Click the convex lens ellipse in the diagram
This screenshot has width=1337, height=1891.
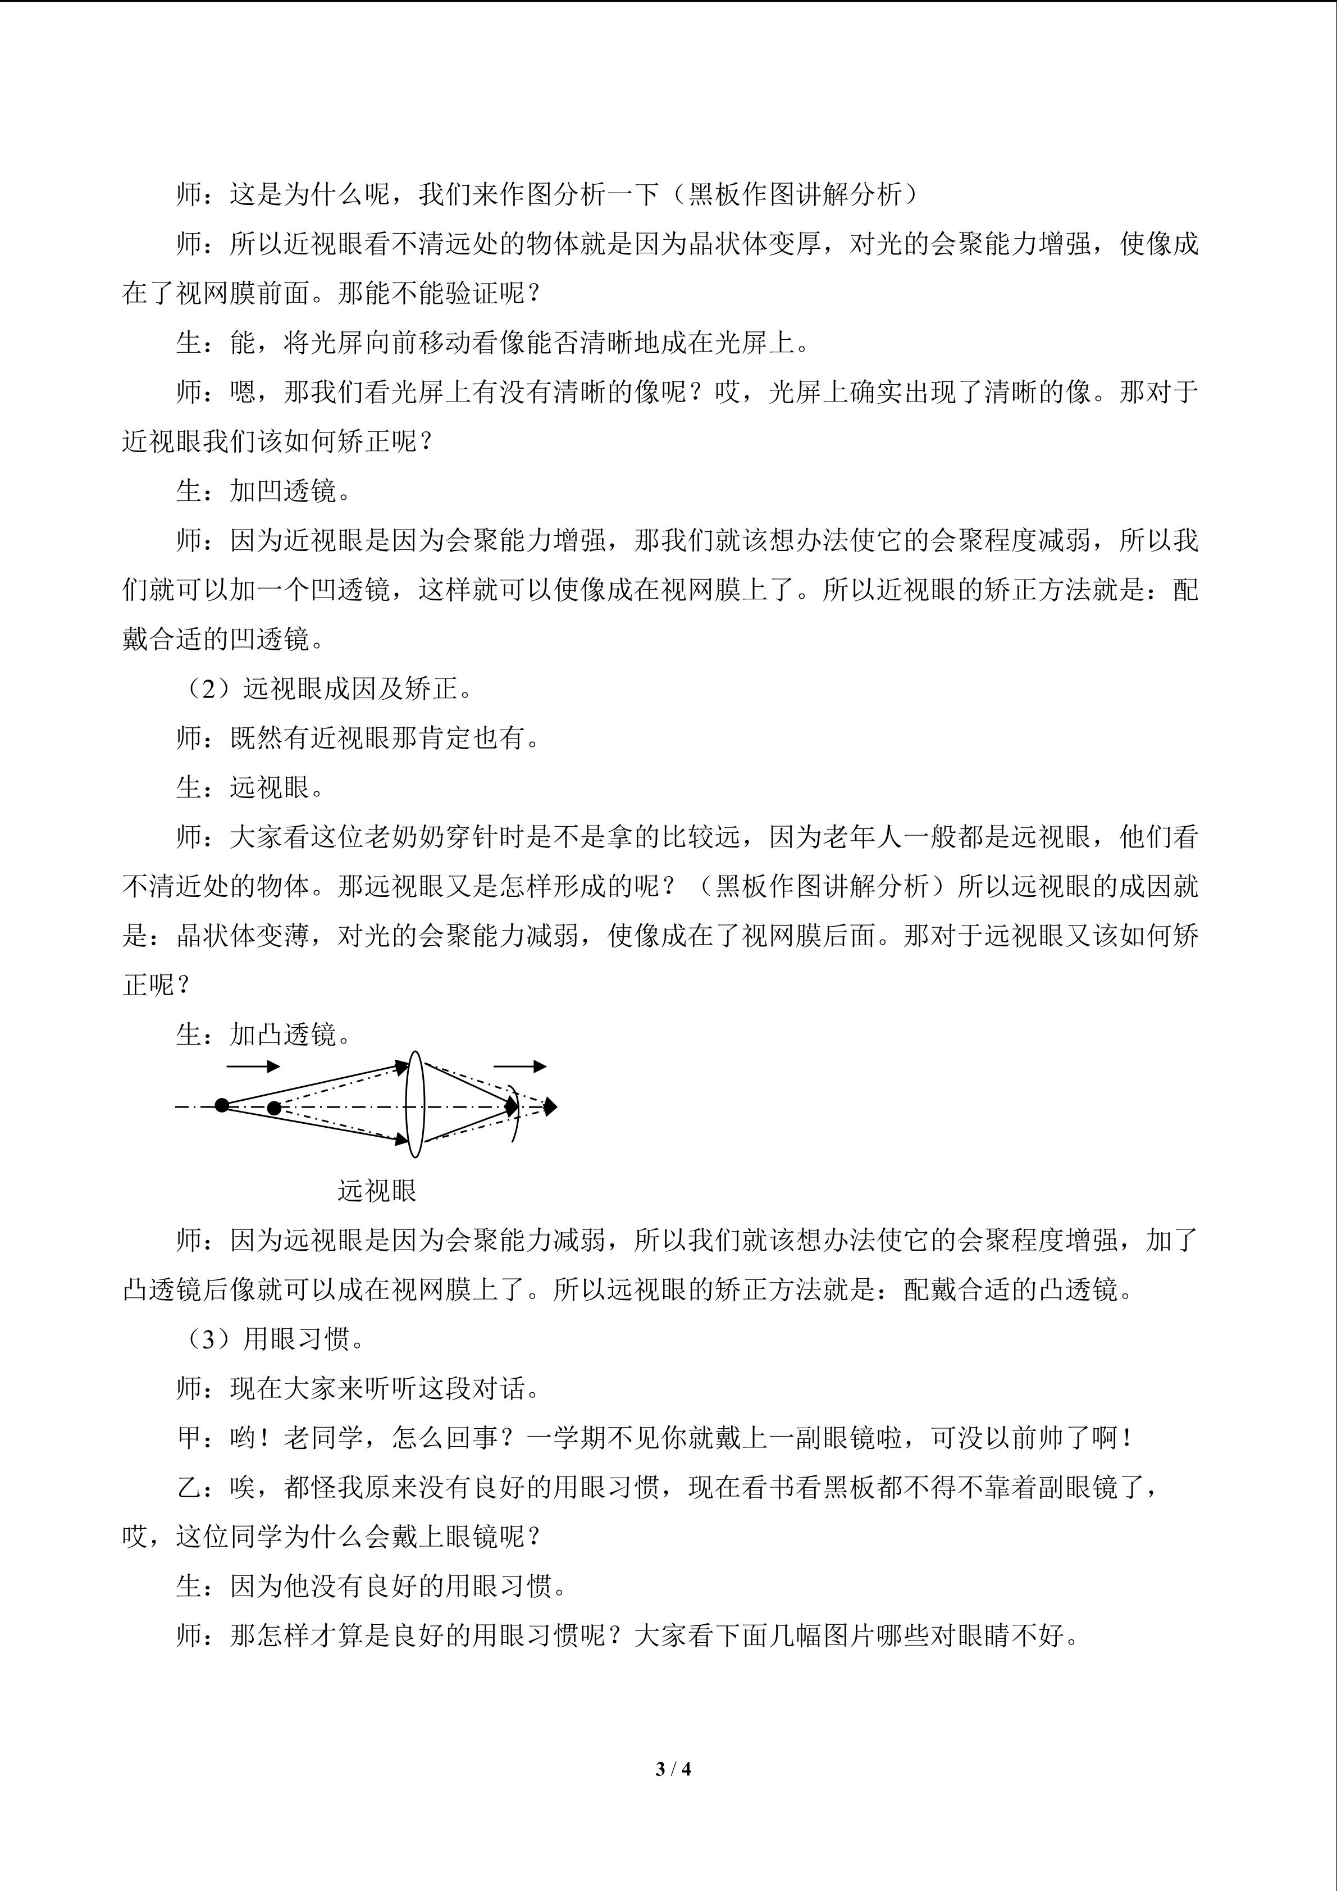tap(416, 1105)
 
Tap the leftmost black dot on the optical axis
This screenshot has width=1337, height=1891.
tap(221, 1105)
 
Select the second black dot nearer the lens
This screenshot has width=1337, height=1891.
tap(274, 1108)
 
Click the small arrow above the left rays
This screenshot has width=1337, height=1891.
tap(253, 1067)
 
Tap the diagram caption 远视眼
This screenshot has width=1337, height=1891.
tap(377, 1190)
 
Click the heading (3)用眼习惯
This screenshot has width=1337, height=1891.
tap(272, 1339)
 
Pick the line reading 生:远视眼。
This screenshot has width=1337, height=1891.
tap(251, 787)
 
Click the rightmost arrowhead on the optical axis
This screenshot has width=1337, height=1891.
tap(551, 1106)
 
